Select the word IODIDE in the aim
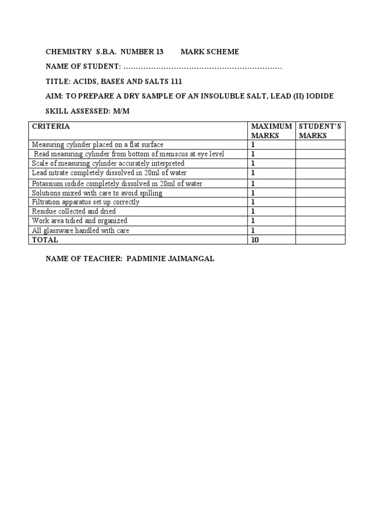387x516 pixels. point(317,96)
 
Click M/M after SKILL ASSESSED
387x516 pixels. point(121,111)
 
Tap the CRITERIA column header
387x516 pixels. point(51,126)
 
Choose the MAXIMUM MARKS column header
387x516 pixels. point(271,131)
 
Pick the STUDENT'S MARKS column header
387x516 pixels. point(320,131)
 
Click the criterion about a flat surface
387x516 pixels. point(98,145)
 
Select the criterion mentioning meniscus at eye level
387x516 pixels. point(129,154)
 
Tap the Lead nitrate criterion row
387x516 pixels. point(109,173)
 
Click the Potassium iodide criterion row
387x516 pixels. point(117,183)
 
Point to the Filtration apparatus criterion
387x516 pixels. point(86,202)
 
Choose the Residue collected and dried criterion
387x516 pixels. point(74,212)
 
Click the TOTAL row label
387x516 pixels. point(45,240)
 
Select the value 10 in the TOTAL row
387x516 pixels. point(255,240)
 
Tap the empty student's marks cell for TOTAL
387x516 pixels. point(320,240)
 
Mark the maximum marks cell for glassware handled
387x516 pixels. point(271,231)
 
